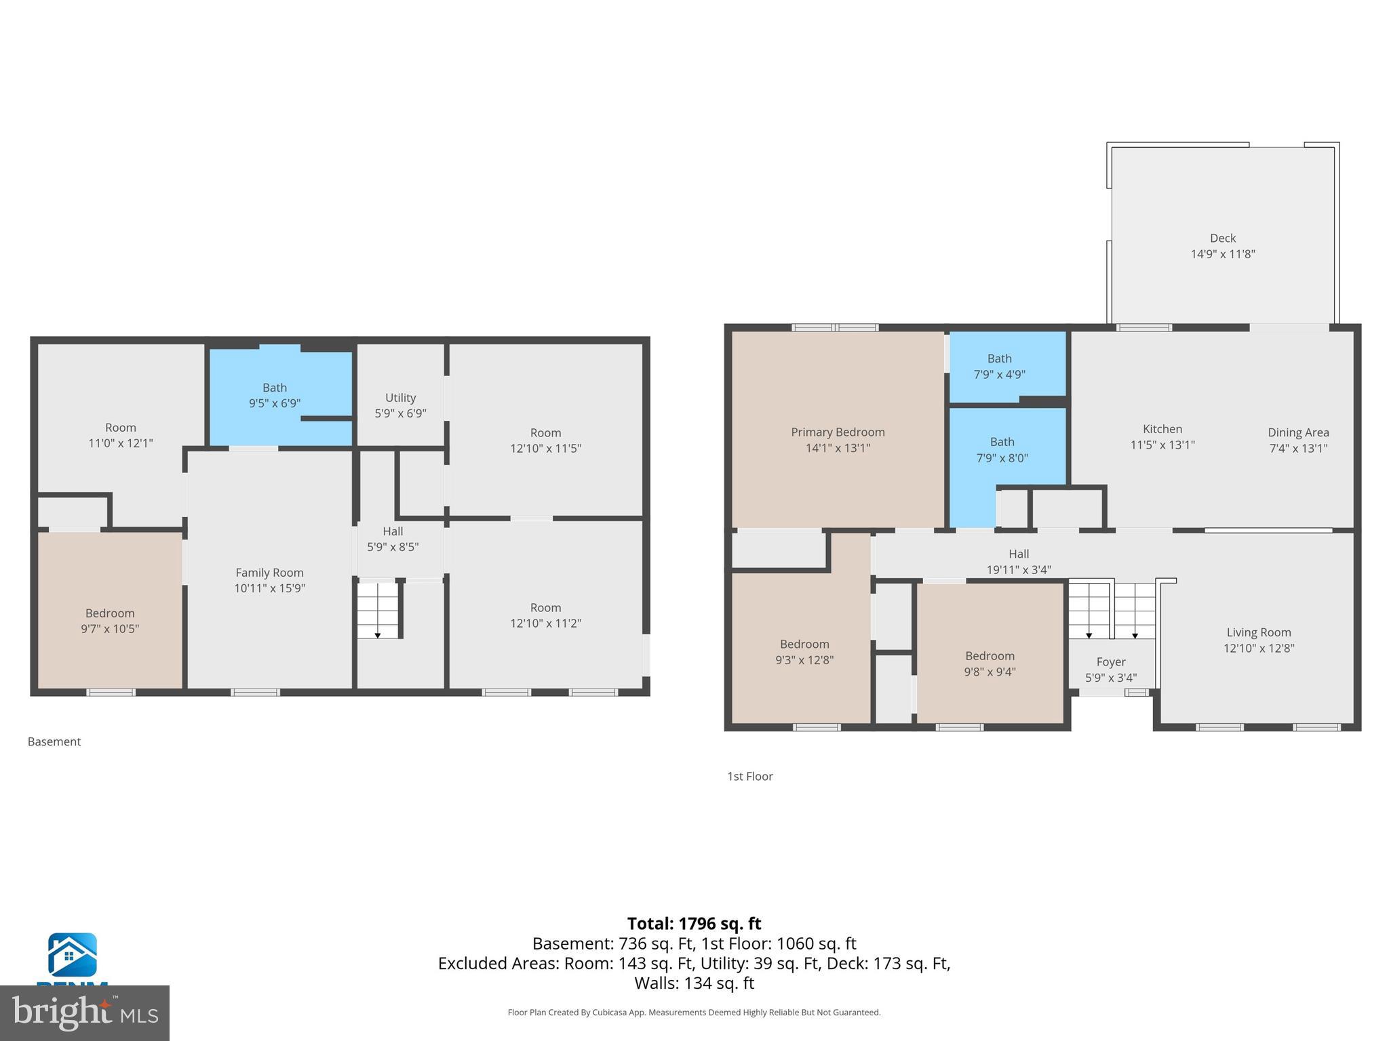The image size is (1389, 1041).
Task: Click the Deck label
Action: point(1223,238)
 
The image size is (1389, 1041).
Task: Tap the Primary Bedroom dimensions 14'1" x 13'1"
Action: point(838,448)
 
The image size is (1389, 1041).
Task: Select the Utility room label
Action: point(400,398)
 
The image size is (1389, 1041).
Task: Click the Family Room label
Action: point(269,573)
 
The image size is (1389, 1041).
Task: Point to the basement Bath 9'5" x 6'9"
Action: point(275,395)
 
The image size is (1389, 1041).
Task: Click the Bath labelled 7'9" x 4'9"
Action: point(999,366)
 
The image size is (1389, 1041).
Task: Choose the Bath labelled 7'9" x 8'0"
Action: point(1002,450)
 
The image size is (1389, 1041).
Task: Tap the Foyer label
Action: point(1110,661)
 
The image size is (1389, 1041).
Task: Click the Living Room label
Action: point(1258,632)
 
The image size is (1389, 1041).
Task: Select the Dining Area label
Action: point(1298,432)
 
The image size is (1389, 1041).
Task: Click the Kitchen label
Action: point(1162,429)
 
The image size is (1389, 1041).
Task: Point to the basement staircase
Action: point(378,610)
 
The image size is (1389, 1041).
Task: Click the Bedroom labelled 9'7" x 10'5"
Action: point(110,621)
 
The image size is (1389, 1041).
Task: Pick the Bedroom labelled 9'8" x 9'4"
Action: point(990,664)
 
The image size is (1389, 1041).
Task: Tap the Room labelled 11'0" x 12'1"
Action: point(121,435)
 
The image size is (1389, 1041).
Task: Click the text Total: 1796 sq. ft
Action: point(694,924)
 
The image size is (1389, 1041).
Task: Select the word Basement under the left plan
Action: point(54,741)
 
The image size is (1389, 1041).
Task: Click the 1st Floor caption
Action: point(749,776)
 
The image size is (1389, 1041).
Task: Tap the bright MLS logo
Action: point(85,1013)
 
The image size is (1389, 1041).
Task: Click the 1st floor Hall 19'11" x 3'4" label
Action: point(1018,562)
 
